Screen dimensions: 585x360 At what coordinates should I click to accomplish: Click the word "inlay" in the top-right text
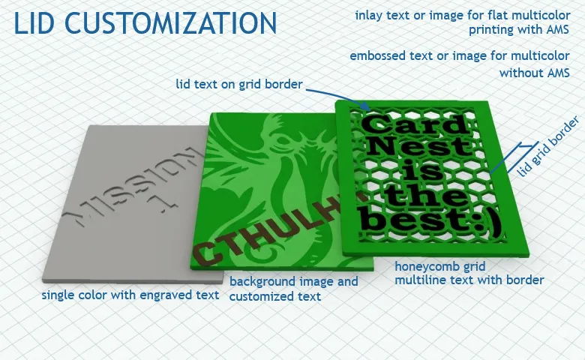pos(367,16)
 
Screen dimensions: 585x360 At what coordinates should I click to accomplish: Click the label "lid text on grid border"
pos(239,84)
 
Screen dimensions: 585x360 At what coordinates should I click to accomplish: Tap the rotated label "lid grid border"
pos(548,147)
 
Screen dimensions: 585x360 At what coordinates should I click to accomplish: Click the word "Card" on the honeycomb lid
pos(416,124)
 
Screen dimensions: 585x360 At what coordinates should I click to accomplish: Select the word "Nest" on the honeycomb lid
pos(421,145)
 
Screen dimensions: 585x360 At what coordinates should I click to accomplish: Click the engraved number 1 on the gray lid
pos(164,202)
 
